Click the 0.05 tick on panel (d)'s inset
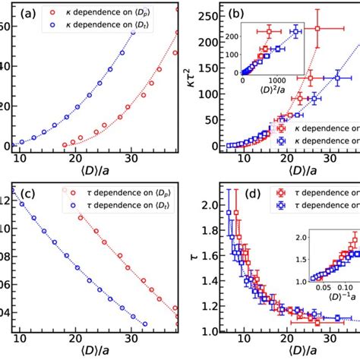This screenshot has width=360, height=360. tap(308, 309)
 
